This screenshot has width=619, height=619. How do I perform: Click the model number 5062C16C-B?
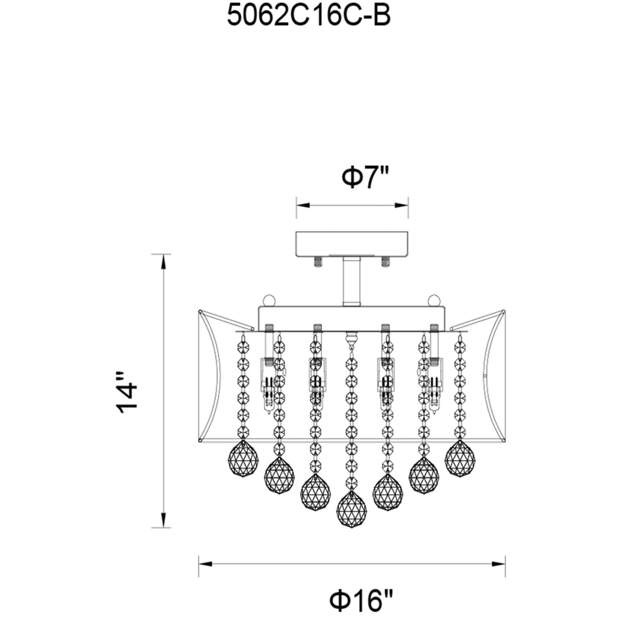308,17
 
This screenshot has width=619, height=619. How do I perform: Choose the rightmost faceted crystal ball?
460,459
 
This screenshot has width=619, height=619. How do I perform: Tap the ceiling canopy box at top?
352,244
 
